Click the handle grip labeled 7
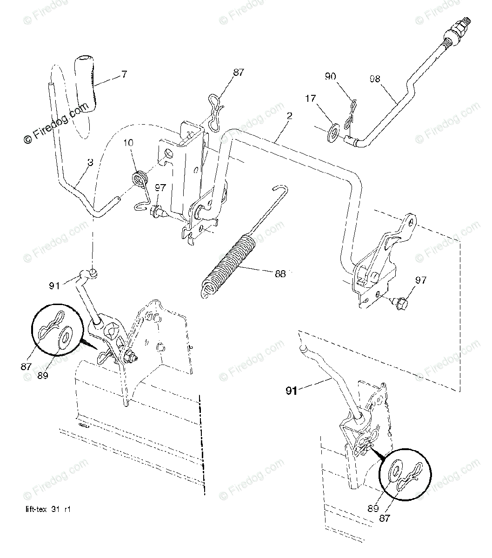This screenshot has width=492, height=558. [x=86, y=81]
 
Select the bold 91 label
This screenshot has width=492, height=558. [x=292, y=391]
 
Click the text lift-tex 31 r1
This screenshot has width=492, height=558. [x=48, y=509]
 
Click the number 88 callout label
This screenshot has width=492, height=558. [x=280, y=274]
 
